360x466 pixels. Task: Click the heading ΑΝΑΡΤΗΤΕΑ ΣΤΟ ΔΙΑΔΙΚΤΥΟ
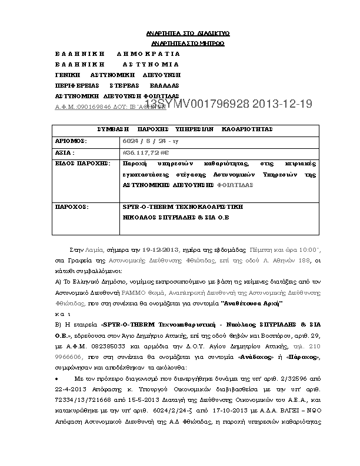187,33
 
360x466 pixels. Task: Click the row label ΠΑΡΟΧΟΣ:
71,207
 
